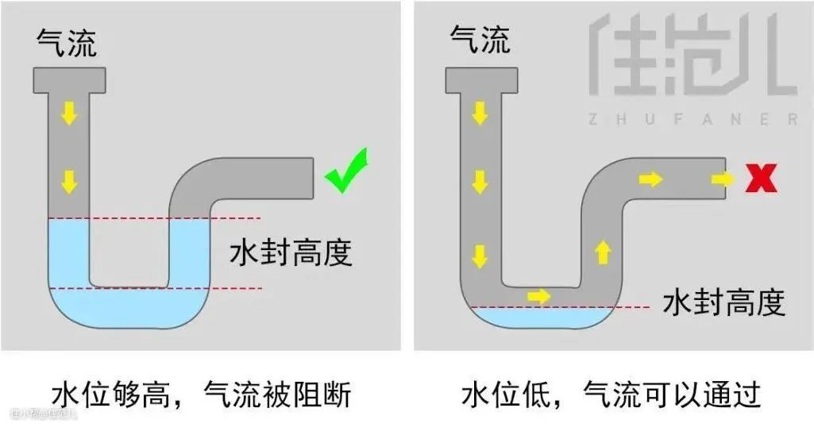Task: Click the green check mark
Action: [x=349, y=172]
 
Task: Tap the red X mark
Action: [x=762, y=179]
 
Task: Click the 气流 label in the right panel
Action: [x=480, y=39]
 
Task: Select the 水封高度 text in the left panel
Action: [x=291, y=254]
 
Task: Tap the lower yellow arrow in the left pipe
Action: [x=70, y=182]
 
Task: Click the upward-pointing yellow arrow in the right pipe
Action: [x=603, y=253]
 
